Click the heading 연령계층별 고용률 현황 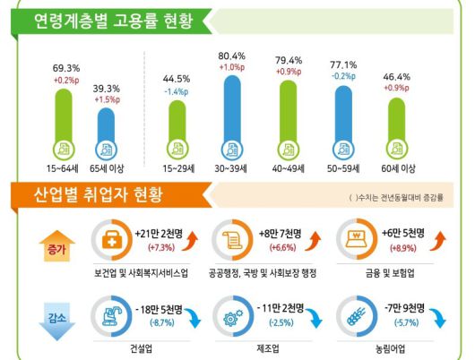pos(113,21)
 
